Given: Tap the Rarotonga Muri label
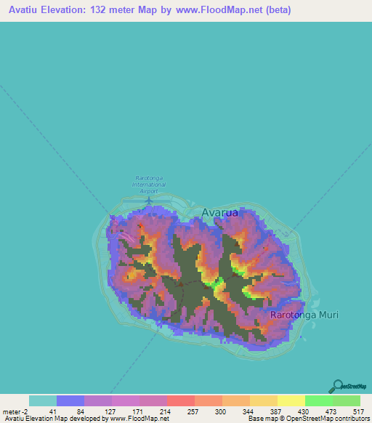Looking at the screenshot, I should (304, 315).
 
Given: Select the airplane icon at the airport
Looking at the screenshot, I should (149, 199).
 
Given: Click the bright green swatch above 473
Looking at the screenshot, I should (318, 400).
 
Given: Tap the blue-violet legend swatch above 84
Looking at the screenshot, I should (70, 400).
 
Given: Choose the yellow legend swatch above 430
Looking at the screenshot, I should (291, 400).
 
